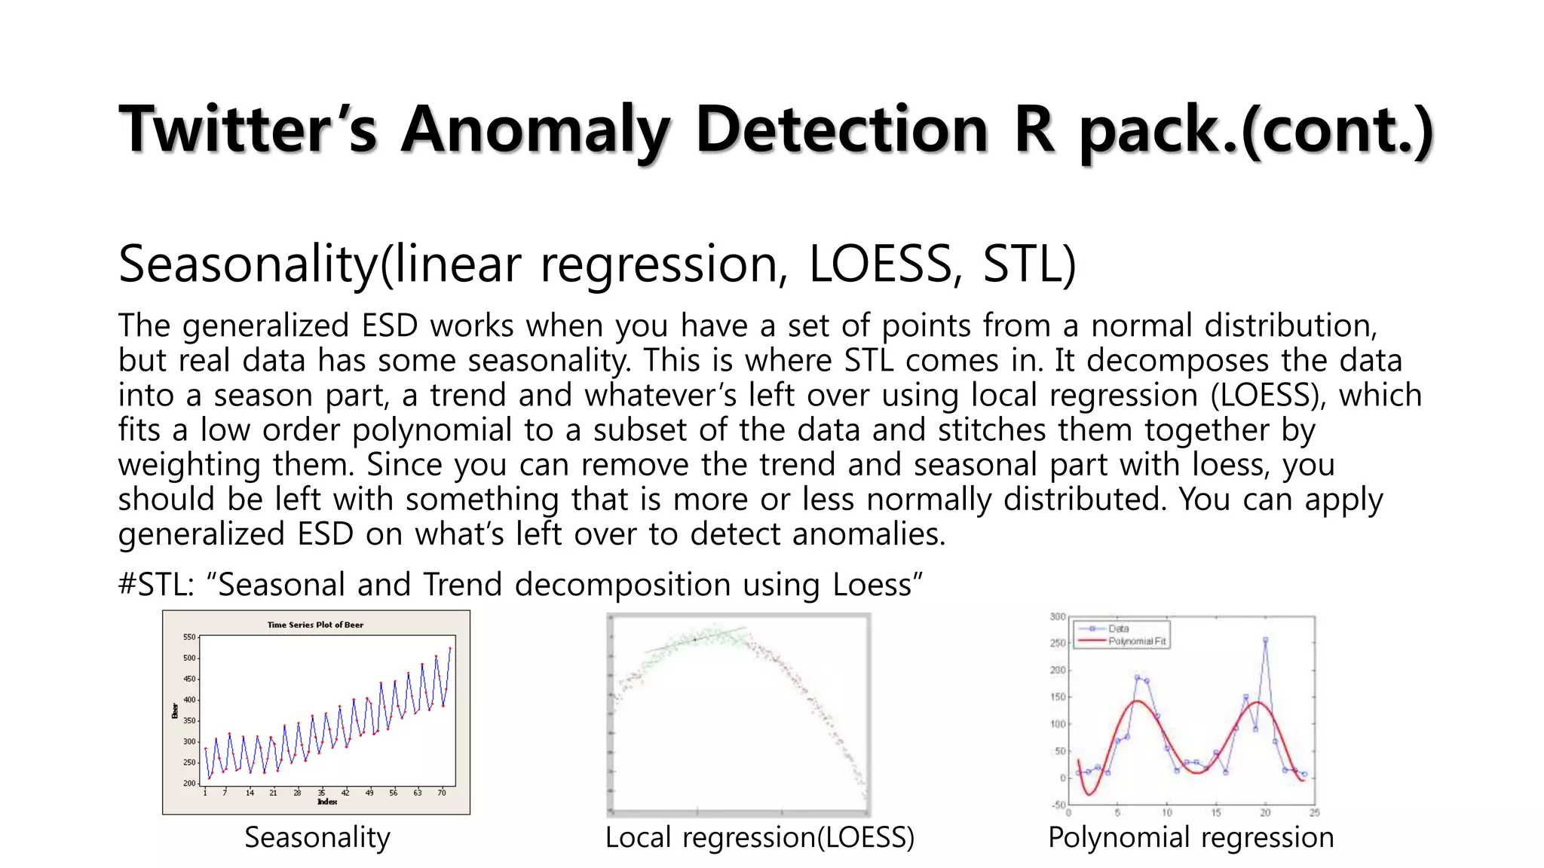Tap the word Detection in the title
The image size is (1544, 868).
click(x=841, y=129)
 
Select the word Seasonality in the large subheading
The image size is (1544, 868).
click(x=247, y=264)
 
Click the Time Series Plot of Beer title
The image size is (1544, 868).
click(x=315, y=625)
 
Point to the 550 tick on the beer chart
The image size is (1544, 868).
click(x=188, y=637)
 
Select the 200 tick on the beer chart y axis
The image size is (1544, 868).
click(x=188, y=784)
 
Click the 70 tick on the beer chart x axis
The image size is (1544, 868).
click(x=442, y=793)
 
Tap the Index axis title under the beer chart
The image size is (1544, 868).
click(x=327, y=802)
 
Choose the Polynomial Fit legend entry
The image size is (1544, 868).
click(x=1137, y=641)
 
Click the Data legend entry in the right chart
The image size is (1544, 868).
click(x=1119, y=628)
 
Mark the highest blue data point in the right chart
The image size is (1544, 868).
click(x=1265, y=640)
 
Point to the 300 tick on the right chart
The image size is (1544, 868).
click(x=1057, y=617)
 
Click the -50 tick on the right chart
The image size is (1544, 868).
click(x=1057, y=805)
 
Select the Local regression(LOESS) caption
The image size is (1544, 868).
click(x=759, y=838)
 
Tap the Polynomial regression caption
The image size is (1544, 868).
click(x=1190, y=838)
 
